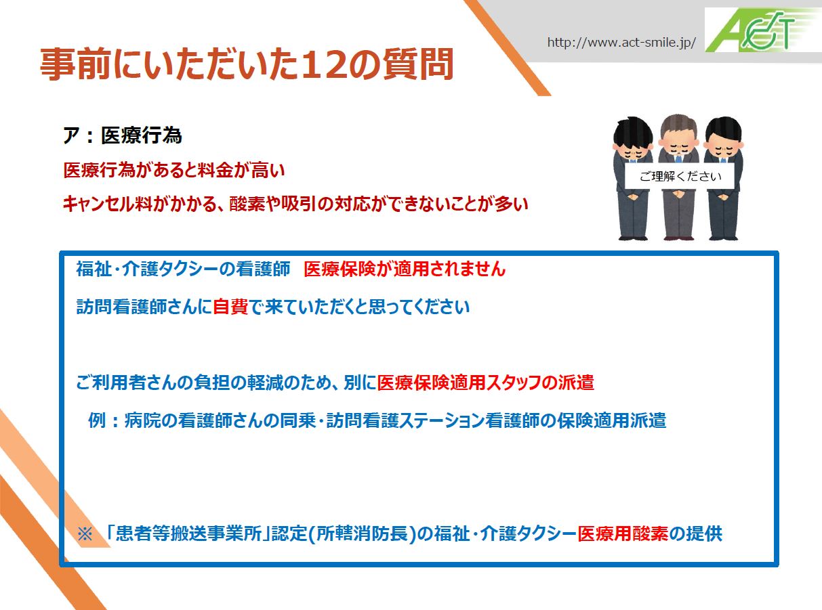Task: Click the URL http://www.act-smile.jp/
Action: tap(621, 43)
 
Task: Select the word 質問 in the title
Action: tap(418, 64)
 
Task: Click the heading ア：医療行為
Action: tap(122, 135)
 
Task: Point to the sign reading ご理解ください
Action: tap(680, 176)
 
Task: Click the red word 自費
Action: tap(230, 307)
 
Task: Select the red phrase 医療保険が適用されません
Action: tap(405, 269)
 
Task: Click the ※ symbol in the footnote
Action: tap(85, 534)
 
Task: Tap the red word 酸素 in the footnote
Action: tap(650, 533)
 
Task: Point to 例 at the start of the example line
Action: tap(97, 420)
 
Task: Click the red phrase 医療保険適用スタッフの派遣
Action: tap(485, 383)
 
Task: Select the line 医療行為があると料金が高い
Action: tap(173, 171)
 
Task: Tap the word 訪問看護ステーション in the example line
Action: tap(405, 420)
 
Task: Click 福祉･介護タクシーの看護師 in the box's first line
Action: tap(183, 269)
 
